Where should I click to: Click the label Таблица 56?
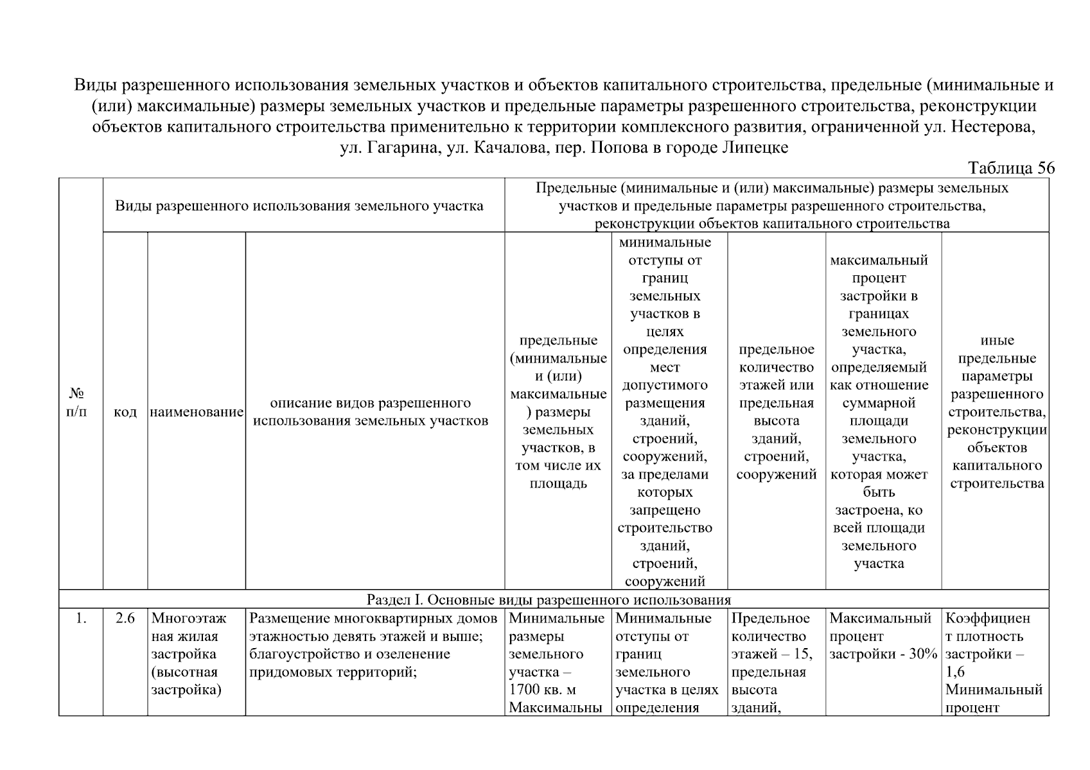click(1011, 168)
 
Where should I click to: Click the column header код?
click(125, 412)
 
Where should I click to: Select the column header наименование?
click(197, 412)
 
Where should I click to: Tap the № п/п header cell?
click(76, 402)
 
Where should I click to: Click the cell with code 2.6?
click(125, 619)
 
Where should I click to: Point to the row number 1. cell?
click(80, 619)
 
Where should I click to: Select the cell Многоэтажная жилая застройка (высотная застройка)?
click(189, 654)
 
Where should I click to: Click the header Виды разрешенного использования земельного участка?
click(299, 206)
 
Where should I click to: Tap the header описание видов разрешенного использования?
click(371, 412)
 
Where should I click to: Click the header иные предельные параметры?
click(997, 412)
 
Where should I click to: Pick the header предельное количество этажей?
click(776, 412)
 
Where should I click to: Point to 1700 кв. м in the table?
click(542, 690)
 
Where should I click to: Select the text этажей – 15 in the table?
click(771, 654)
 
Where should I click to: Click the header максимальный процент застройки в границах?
click(879, 412)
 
